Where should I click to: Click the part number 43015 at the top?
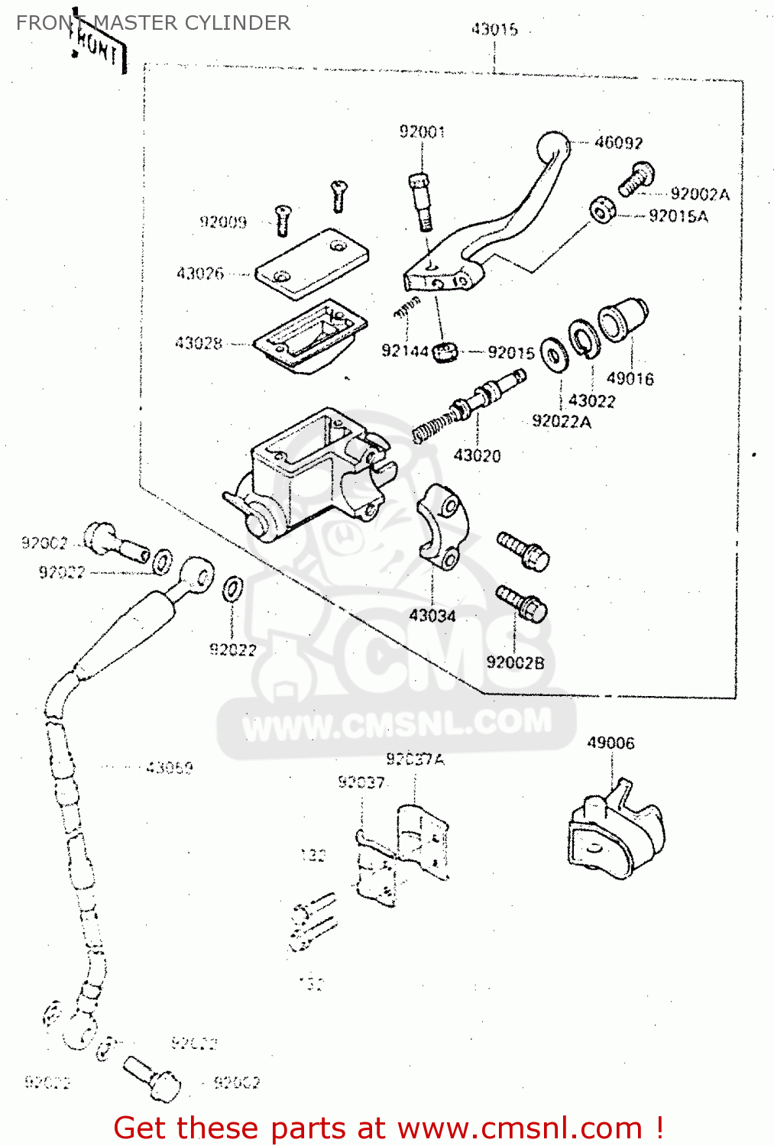pyautogui.click(x=494, y=30)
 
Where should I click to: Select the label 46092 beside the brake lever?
pyautogui.click(x=618, y=143)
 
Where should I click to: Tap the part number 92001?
pyautogui.click(x=422, y=132)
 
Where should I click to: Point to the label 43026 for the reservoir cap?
pyautogui.click(x=200, y=274)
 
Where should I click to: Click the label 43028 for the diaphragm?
pyautogui.click(x=199, y=344)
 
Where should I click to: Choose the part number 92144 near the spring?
pyautogui.click(x=404, y=351)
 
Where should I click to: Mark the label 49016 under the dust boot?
pyautogui.click(x=630, y=379)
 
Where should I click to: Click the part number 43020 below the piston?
pyautogui.click(x=477, y=456)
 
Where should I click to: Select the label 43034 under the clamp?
pyautogui.click(x=432, y=616)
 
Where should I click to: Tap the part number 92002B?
pyautogui.click(x=515, y=663)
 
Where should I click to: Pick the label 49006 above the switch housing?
pyautogui.click(x=610, y=743)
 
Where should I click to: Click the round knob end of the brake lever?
pyautogui.click(x=552, y=146)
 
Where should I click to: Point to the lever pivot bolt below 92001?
pyautogui.click(x=420, y=200)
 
